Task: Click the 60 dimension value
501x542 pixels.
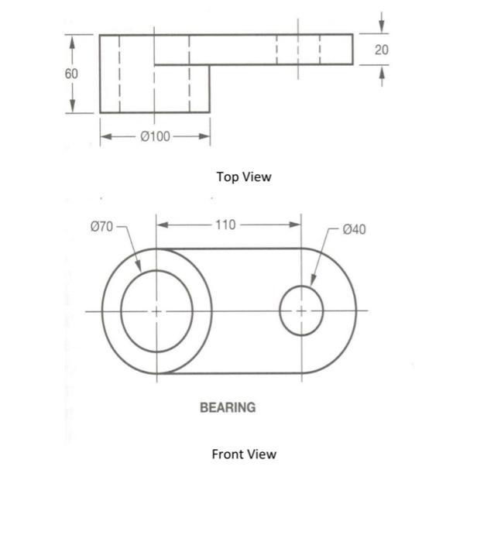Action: pyautogui.click(x=71, y=74)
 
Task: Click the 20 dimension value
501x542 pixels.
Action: pyautogui.click(x=381, y=50)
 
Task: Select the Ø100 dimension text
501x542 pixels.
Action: pyautogui.click(x=155, y=137)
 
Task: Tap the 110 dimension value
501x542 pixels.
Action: pyautogui.click(x=225, y=225)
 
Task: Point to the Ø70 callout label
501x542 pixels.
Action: pyautogui.click(x=101, y=226)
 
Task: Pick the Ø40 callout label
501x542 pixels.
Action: pyautogui.click(x=354, y=229)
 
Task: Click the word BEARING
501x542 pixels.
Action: pyautogui.click(x=228, y=407)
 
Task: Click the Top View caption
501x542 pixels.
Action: pyautogui.click(x=244, y=177)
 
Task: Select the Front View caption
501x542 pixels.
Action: pyautogui.click(x=244, y=454)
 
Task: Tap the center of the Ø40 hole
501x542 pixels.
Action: pyautogui.click(x=300, y=310)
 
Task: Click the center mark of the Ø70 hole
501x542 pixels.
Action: pyautogui.click(x=156, y=310)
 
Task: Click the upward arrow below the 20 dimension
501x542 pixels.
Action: pyautogui.click(x=381, y=71)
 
